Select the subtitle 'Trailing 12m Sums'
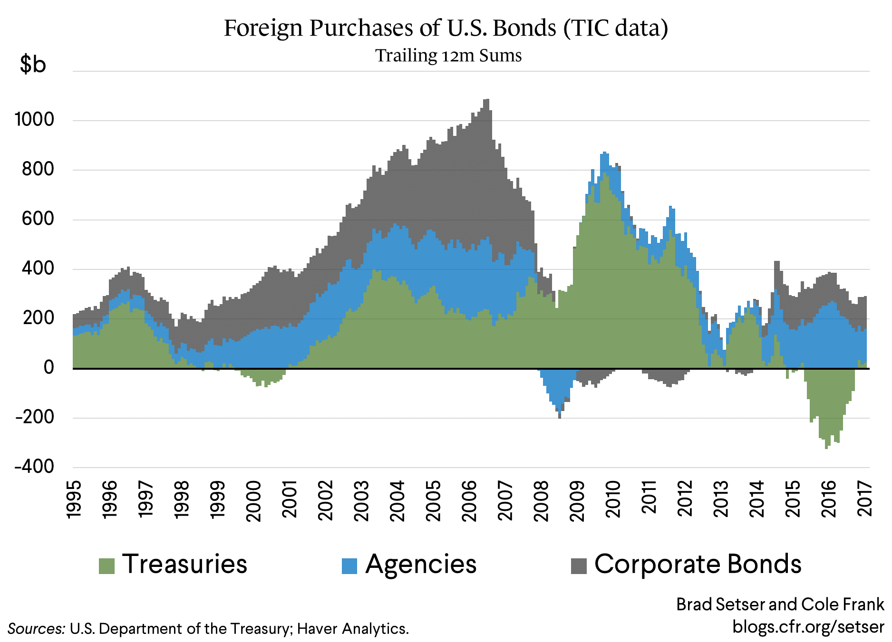click(x=448, y=56)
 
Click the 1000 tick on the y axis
click(x=35, y=119)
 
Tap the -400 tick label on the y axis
click(x=35, y=467)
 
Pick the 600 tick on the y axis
click(x=38, y=219)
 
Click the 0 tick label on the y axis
click(x=48, y=367)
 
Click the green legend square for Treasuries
click(x=107, y=566)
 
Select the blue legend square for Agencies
click(x=349, y=566)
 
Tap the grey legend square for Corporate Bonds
click(x=579, y=566)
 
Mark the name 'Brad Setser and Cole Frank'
click(x=780, y=604)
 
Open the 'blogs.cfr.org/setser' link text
click(x=808, y=627)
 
